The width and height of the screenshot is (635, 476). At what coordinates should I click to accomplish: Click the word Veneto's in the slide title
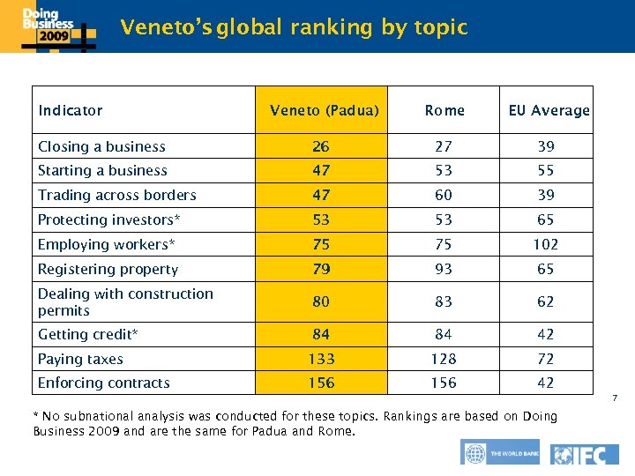coord(166,27)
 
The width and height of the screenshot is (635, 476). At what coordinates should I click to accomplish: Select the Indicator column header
coord(71,110)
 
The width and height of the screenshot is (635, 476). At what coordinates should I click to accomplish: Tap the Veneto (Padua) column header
coord(324,110)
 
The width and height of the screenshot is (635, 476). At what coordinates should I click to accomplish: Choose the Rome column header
coord(444,110)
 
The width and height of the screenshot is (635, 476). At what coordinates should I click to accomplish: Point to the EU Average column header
coord(549,110)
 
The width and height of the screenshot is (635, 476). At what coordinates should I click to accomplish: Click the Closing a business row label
coord(101,146)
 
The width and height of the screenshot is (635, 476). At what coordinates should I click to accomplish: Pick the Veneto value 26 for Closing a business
coord(321,146)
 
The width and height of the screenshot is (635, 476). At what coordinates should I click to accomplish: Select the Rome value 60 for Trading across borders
coord(444,195)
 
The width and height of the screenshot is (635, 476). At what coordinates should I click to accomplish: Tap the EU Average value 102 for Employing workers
coord(546,244)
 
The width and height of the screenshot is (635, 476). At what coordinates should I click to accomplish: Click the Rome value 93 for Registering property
coord(444,269)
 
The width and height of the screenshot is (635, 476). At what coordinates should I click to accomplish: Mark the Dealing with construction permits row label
coord(125,301)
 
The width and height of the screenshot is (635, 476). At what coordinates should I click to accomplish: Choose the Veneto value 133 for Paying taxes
coord(321,359)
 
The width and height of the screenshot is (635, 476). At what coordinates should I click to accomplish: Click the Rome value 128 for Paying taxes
coord(444,359)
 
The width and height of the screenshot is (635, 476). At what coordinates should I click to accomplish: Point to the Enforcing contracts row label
coord(103,383)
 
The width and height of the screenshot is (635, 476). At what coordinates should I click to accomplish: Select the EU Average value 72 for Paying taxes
coord(546,359)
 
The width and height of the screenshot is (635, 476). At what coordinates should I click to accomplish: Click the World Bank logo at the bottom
coord(498,454)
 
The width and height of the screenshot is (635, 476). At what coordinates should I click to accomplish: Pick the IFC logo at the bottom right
coord(585,454)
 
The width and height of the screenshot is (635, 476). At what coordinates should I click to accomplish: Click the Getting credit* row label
coord(88,334)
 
